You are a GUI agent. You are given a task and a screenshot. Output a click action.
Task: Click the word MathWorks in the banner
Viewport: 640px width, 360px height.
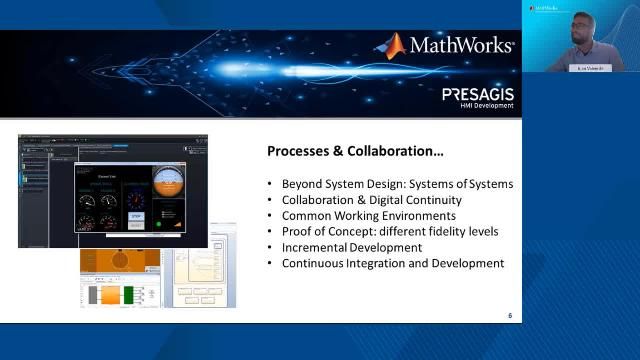pos(461,45)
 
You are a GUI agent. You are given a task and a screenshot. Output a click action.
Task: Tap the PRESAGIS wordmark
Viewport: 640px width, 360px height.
pos(478,93)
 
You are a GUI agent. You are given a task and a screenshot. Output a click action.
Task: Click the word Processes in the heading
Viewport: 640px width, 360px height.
pos(301,152)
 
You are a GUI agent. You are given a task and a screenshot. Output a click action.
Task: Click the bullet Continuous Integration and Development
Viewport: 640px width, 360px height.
pos(392,263)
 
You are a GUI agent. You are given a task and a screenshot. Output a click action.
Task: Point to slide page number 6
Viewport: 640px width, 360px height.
pos(510,316)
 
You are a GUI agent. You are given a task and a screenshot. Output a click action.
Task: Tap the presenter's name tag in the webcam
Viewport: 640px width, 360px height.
pos(583,68)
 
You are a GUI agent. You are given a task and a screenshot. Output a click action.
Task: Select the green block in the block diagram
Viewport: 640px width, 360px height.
pos(133,296)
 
